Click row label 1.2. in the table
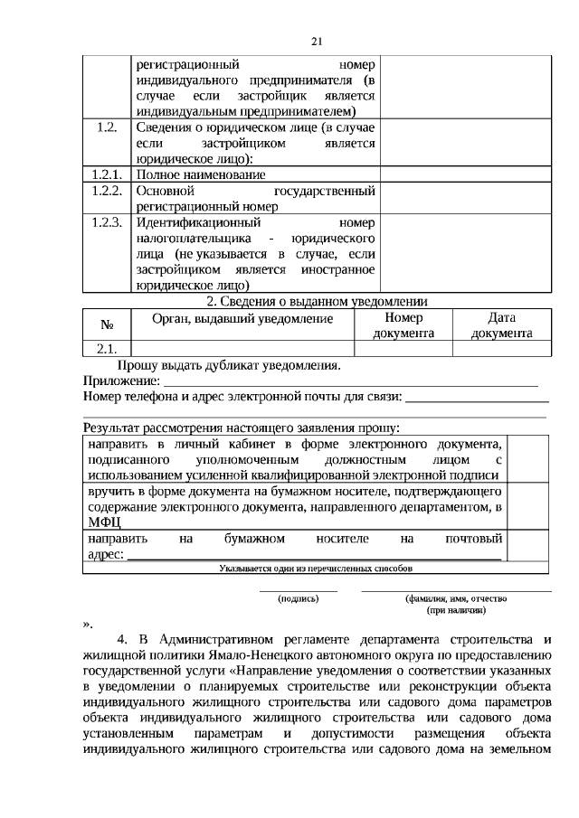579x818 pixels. click(x=107, y=127)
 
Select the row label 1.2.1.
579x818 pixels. click(x=107, y=174)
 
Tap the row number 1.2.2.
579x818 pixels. click(x=107, y=191)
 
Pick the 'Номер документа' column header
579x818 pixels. click(x=403, y=325)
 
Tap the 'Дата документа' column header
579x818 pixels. click(x=500, y=325)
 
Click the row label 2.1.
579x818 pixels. click(x=107, y=349)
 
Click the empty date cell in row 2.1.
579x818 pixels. click(x=500, y=349)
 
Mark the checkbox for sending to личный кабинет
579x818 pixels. click(x=531, y=458)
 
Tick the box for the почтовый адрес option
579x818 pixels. click(x=531, y=546)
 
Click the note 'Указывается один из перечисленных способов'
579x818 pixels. click(x=316, y=569)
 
